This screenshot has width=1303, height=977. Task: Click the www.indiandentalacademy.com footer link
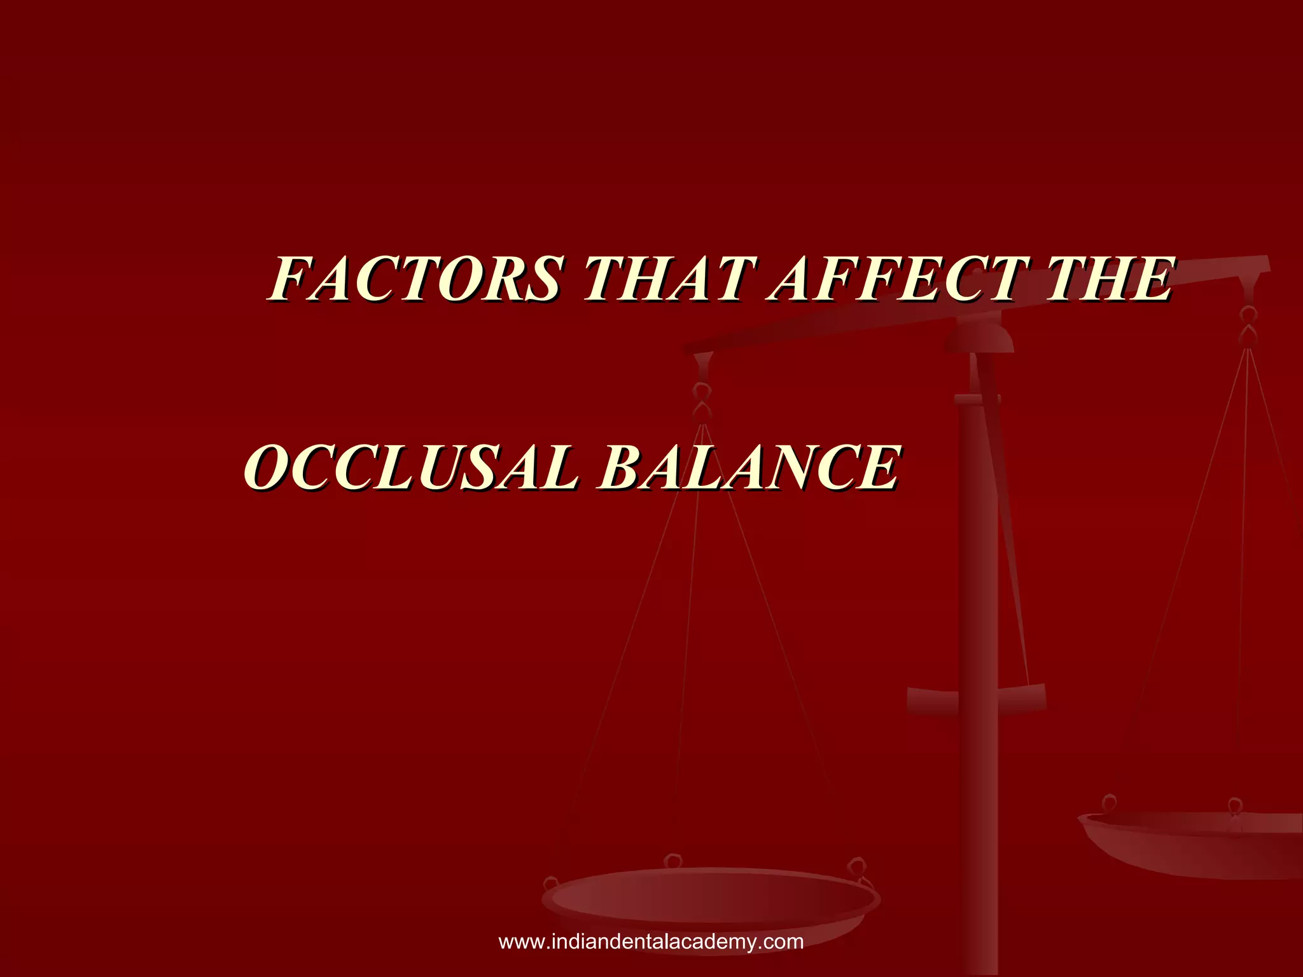click(651, 941)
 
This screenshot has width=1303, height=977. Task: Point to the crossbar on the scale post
click(976, 698)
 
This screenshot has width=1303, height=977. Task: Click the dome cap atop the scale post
click(979, 336)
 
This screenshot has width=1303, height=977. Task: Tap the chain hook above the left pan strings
click(702, 401)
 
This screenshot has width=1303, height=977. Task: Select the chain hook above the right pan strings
click(1248, 324)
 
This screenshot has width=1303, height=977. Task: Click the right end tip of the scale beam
click(1266, 264)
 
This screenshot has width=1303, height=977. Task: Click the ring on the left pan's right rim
click(856, 866)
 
